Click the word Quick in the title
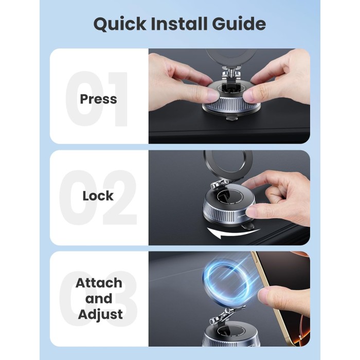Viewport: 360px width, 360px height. point(120,24)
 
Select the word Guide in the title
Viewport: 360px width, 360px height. point(239,24)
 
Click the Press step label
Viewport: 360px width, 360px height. point(99,99)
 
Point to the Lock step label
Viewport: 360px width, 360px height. point(98,196)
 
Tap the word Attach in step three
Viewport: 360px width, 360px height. point(99,283)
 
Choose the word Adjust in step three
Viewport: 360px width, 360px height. point(100,315)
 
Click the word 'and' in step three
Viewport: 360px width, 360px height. point(99,298)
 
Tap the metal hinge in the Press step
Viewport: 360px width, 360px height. point(231,74)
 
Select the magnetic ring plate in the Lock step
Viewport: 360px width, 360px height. point(227,166)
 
